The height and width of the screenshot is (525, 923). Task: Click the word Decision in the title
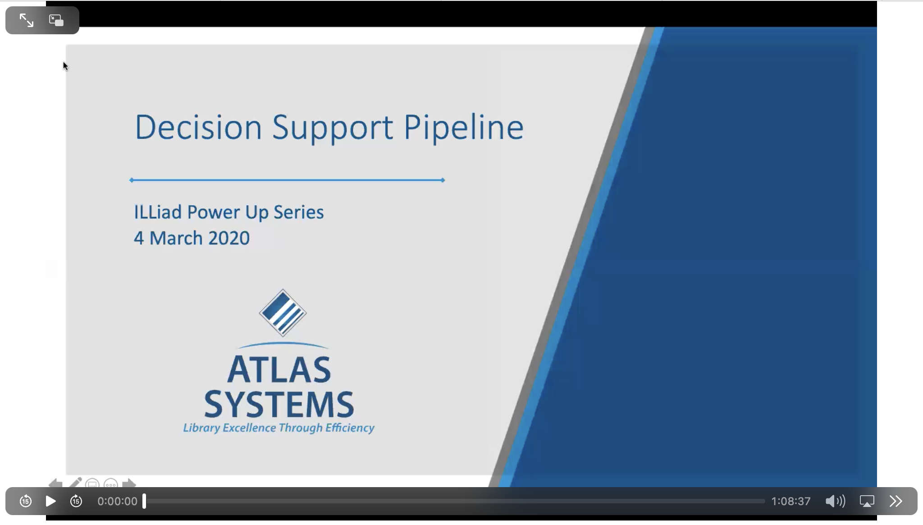198,127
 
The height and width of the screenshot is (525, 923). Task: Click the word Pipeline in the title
463,128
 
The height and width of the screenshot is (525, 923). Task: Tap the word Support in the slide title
332,128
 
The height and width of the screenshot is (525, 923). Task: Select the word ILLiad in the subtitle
158,212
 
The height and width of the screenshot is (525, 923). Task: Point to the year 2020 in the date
229,238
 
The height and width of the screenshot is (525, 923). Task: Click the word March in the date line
176,238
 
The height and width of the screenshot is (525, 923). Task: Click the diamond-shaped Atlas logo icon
283,313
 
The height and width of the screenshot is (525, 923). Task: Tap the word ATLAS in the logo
279,370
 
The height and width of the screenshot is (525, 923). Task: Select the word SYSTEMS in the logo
279,404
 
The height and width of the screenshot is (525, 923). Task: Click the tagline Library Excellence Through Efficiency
279,428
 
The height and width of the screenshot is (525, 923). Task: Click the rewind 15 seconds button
26,501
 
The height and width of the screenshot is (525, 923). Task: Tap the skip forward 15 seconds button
76,501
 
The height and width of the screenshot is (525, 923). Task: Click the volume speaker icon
835,501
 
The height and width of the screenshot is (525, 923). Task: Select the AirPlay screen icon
867,501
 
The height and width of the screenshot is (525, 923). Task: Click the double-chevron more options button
896,501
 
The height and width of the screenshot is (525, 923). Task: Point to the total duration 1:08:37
790,501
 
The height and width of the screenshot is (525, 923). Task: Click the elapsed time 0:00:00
117,501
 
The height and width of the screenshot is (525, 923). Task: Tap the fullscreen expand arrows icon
27,20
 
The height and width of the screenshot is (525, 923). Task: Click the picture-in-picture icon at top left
56,20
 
